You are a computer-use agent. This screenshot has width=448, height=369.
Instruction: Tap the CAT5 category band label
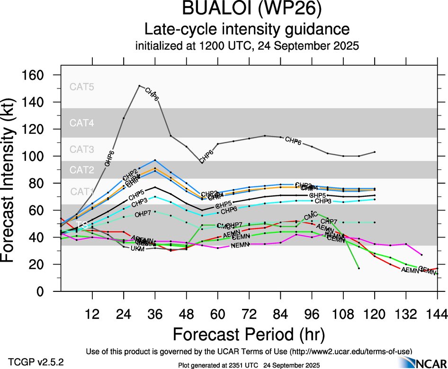[82, 87]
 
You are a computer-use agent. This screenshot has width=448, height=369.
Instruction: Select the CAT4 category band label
[82, 123]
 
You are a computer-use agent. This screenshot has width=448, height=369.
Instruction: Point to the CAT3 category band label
[82, 149]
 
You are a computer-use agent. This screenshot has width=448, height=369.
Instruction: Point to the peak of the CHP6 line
[139, 86]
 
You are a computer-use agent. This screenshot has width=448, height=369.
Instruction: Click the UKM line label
[137, 248]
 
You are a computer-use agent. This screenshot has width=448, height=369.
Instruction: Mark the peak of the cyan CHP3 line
[155, 197]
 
